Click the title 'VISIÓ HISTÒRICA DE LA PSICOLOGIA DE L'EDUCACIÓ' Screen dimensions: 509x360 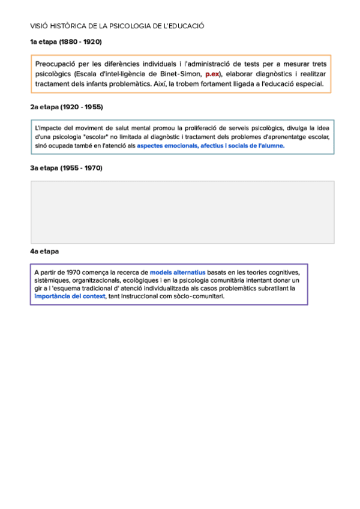click(x=117, y=26)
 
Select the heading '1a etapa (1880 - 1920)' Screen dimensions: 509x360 click(x=66, y=42)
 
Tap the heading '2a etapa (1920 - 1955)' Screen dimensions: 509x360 click(x=66, y=107)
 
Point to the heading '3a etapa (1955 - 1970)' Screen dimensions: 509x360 click(x=66, y=168)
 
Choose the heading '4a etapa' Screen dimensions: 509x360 click(x=44, y=251)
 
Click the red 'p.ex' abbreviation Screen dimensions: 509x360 click(x=213, y=74)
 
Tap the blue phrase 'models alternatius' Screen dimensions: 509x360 click(x=178, y=272)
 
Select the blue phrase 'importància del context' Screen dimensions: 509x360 click(x=70, y=296)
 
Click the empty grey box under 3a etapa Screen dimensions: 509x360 click(x=182, y=212)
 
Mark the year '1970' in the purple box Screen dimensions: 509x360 click(x=74, y=272)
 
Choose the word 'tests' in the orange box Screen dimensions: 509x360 click(x=242, y=64)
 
